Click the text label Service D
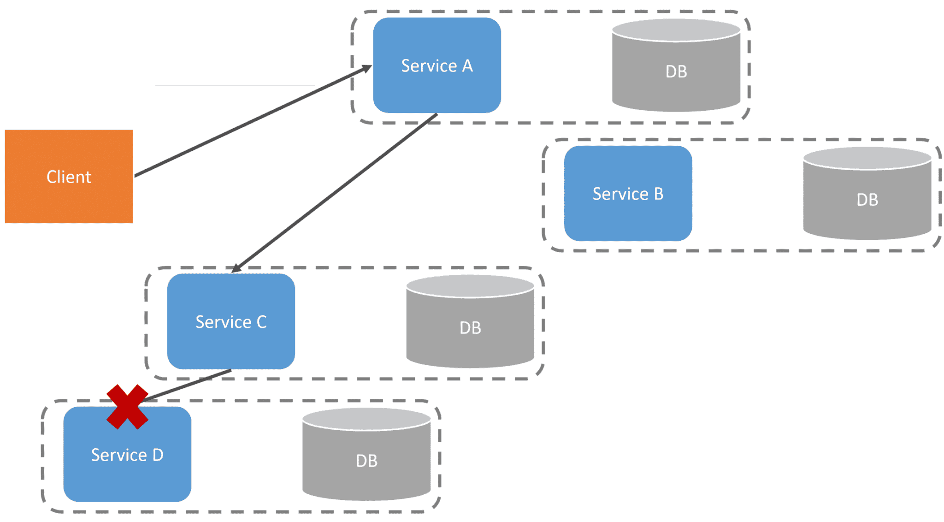(127, 455)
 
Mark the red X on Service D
(127, 407)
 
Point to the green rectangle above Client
(157, 59)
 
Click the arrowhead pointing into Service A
(367, 69)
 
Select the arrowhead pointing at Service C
(236, 268)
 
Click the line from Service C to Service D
(189, 384)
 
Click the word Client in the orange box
(69, 177)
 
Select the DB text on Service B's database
(867, 200)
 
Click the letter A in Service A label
(467, 66)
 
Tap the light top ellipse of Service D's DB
(366, 418)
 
